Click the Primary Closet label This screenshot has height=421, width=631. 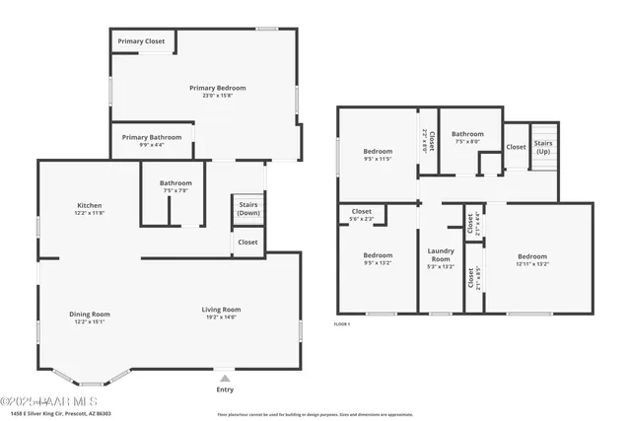pyautogui.click(x=142, y=41)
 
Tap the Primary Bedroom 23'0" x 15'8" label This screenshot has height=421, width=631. pyautogui.click(x=218, y=92)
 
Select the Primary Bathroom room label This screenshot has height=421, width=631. pyautogui.click(x=153, y=141)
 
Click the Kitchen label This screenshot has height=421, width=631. pyautogui.click(x=90, y=209)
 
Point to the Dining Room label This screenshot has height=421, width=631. pyautogui.click(x=90, y=317)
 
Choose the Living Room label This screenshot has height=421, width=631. pyautogui.click(x=222, y=313)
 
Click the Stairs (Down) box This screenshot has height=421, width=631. pyautogui.click(x=248, y=208)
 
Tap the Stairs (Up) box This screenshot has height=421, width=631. pyautogui.click(x=544, y=147)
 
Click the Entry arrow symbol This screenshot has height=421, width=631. pyautogui.click(x=225, y=377)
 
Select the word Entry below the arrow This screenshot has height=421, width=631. pyautogui.click(x=225, y=389)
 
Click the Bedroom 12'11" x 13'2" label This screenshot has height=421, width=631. pyautogui.click(x=531, y=259)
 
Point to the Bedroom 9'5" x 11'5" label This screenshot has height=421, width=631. pyautogui.click(x=378, y=155)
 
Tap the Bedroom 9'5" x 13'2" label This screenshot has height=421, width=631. pyautogui.click(x=378, y=259)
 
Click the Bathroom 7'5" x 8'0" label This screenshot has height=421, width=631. pyautogui.click(x=467, y=137)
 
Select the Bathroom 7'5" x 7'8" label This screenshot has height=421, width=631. pyautogui.click(x=175, y=186)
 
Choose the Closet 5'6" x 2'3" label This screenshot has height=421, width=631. pyautogui.click(x=362, y=215)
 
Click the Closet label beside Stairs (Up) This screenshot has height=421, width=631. pyautogui.click(x=516, y=147)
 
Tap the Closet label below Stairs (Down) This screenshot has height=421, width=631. pyautogui.click(x=248, y=242)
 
